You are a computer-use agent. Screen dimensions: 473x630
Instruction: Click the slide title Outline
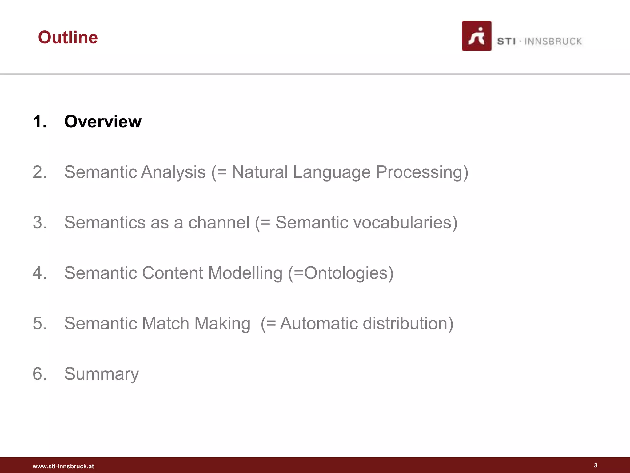[x=68, y=38]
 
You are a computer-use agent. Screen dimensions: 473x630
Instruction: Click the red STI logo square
[x=476, y=36]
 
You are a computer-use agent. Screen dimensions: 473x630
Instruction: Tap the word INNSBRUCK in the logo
[x=553, y=42]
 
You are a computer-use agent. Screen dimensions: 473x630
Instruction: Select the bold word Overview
[x=103, y=121]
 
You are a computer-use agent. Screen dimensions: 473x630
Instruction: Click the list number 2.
[x=39, y=172]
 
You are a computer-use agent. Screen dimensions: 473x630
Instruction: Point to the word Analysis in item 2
[x=173, y=172]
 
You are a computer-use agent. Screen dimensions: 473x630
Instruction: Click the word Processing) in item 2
[x=422, y=172]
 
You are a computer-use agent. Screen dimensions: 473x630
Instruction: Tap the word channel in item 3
[x=219, y=222]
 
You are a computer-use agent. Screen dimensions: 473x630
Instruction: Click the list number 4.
[x=39, y=273]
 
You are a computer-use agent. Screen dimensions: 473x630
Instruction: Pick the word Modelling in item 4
[x=245, y=273]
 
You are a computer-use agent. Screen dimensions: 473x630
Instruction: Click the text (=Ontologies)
[x=341, y=273]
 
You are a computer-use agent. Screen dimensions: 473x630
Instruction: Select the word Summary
[x=102, y=374]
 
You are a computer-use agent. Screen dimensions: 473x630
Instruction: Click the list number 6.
[x=39, y=374]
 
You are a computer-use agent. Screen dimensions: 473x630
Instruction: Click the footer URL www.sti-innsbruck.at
[x=63, y=466]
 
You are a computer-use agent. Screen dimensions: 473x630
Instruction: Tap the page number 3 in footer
[x=596, y=465]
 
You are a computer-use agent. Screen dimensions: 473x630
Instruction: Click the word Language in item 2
[x=332, y=172]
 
